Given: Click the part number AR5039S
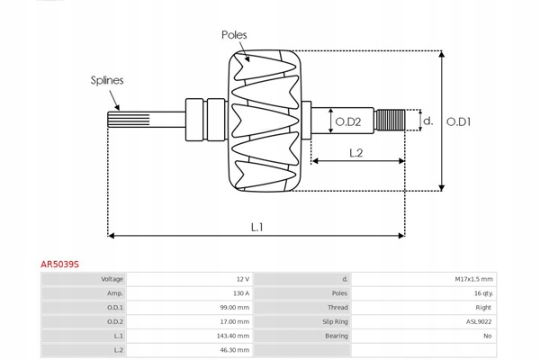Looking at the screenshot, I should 59,265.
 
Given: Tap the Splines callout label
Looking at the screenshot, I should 106,80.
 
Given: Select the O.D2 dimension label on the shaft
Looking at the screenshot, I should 347,121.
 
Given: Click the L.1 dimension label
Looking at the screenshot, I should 256,227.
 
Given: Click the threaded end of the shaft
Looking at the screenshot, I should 388,120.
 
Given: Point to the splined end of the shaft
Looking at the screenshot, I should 122,120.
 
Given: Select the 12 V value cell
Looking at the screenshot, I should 243,279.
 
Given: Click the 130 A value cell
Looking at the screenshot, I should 241,293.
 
